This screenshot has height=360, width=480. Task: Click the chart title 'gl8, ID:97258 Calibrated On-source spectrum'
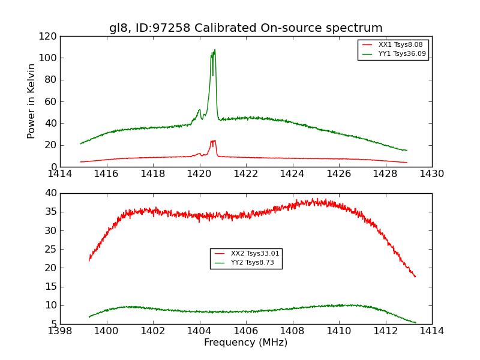tap(245, 28)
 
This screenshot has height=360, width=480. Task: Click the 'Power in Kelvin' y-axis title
tap(31, 101)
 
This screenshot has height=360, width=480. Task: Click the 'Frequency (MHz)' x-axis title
tap(245, 343)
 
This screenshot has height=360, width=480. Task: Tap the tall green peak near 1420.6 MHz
tap(214, 50)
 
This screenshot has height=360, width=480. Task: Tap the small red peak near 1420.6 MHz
tap(213, 141)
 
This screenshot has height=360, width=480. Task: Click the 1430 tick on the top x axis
tap(432, 173)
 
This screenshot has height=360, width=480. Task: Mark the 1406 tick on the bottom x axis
tap(246, 331)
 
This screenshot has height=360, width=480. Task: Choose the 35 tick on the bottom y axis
tap(52, 212)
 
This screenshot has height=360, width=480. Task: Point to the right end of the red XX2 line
tap(415, 277)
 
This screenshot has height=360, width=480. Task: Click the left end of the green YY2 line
tap(89, 317)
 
